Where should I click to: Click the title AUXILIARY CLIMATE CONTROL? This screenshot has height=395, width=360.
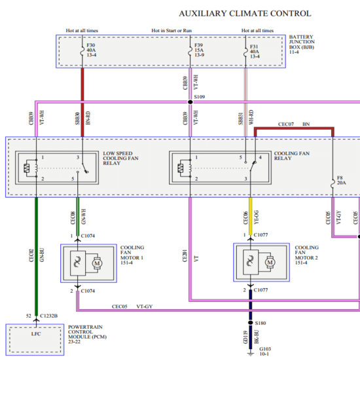(x=245, y=14)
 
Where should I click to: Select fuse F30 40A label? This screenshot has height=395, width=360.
(x=91, y=50)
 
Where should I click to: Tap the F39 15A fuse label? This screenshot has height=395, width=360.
(x=199, y=50)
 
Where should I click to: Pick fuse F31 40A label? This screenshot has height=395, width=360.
(x=255, y=50)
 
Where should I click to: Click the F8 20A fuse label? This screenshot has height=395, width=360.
(x=341, y=181)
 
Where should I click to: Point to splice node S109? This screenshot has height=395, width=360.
(x=190, y=102)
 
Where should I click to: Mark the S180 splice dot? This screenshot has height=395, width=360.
(x=251, y=323)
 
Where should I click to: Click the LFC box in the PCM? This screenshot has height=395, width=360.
(x=35, y=339)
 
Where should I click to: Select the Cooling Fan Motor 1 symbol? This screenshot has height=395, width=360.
(x=88, y=263)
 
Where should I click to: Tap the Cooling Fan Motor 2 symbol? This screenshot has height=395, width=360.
(x=261, y=263)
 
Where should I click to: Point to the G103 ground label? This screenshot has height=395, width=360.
(x=265, y=352)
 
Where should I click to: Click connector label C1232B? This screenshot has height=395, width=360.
(x=49, y=316)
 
